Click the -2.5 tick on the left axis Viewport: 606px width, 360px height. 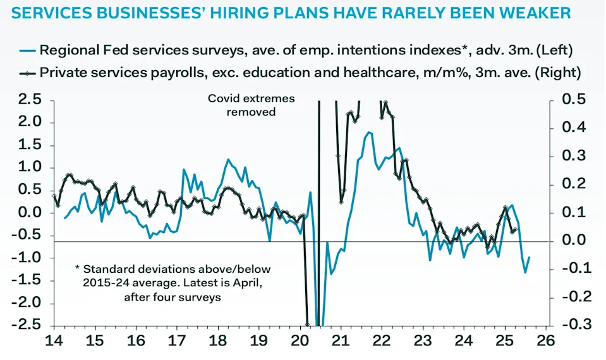point(28,325)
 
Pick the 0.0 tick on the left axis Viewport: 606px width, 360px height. point(31,213)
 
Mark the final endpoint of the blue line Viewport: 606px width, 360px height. point(530,257)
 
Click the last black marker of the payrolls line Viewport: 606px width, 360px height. point(516,229)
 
